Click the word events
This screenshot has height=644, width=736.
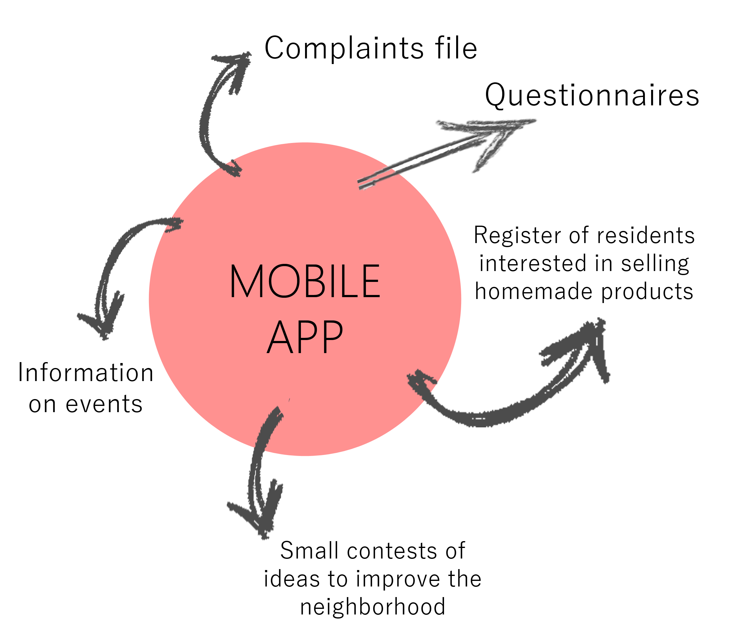tap(104, 404)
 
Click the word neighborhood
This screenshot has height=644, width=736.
tap(373, 607)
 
